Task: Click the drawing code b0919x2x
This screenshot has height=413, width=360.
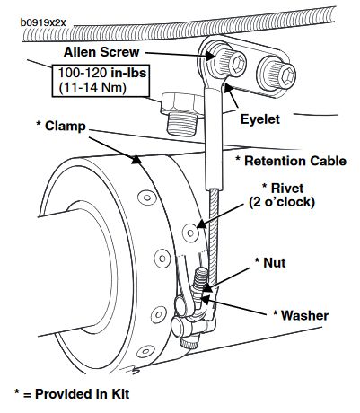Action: (x=43, y=22)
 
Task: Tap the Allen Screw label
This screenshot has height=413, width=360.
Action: (x=101, y=52)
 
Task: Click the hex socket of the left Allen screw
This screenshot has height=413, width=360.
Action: (x=239, y=63)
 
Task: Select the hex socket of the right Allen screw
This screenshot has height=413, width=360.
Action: (x=288, y=75)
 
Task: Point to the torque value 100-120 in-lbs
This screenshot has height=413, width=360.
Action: (x=102, y=73)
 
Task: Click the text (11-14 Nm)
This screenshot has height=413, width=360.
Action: (x=92, y=87)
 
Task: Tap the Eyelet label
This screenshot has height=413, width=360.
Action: (x=260, y=119)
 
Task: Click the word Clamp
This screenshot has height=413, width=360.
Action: (x=66, y=126)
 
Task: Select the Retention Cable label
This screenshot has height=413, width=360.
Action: (x=295, y=161)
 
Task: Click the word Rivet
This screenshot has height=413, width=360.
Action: (x=287, y=189)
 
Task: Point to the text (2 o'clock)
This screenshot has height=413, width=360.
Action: (x=282, y=202)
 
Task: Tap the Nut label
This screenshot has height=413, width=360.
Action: (x=275, y=262)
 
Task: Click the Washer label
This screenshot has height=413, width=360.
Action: (x=304, y=315)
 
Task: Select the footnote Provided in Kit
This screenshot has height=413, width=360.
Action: (x=83, y=394)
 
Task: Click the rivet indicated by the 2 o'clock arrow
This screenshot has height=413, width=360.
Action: (x=190, y=233)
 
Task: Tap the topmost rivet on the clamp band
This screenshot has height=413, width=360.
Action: (x=146, y=198)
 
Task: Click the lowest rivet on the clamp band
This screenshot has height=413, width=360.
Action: (x=145, y=351)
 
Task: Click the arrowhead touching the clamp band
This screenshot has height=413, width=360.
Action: (x=136, y=159)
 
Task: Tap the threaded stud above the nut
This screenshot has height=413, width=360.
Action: (x=200, y=277)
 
